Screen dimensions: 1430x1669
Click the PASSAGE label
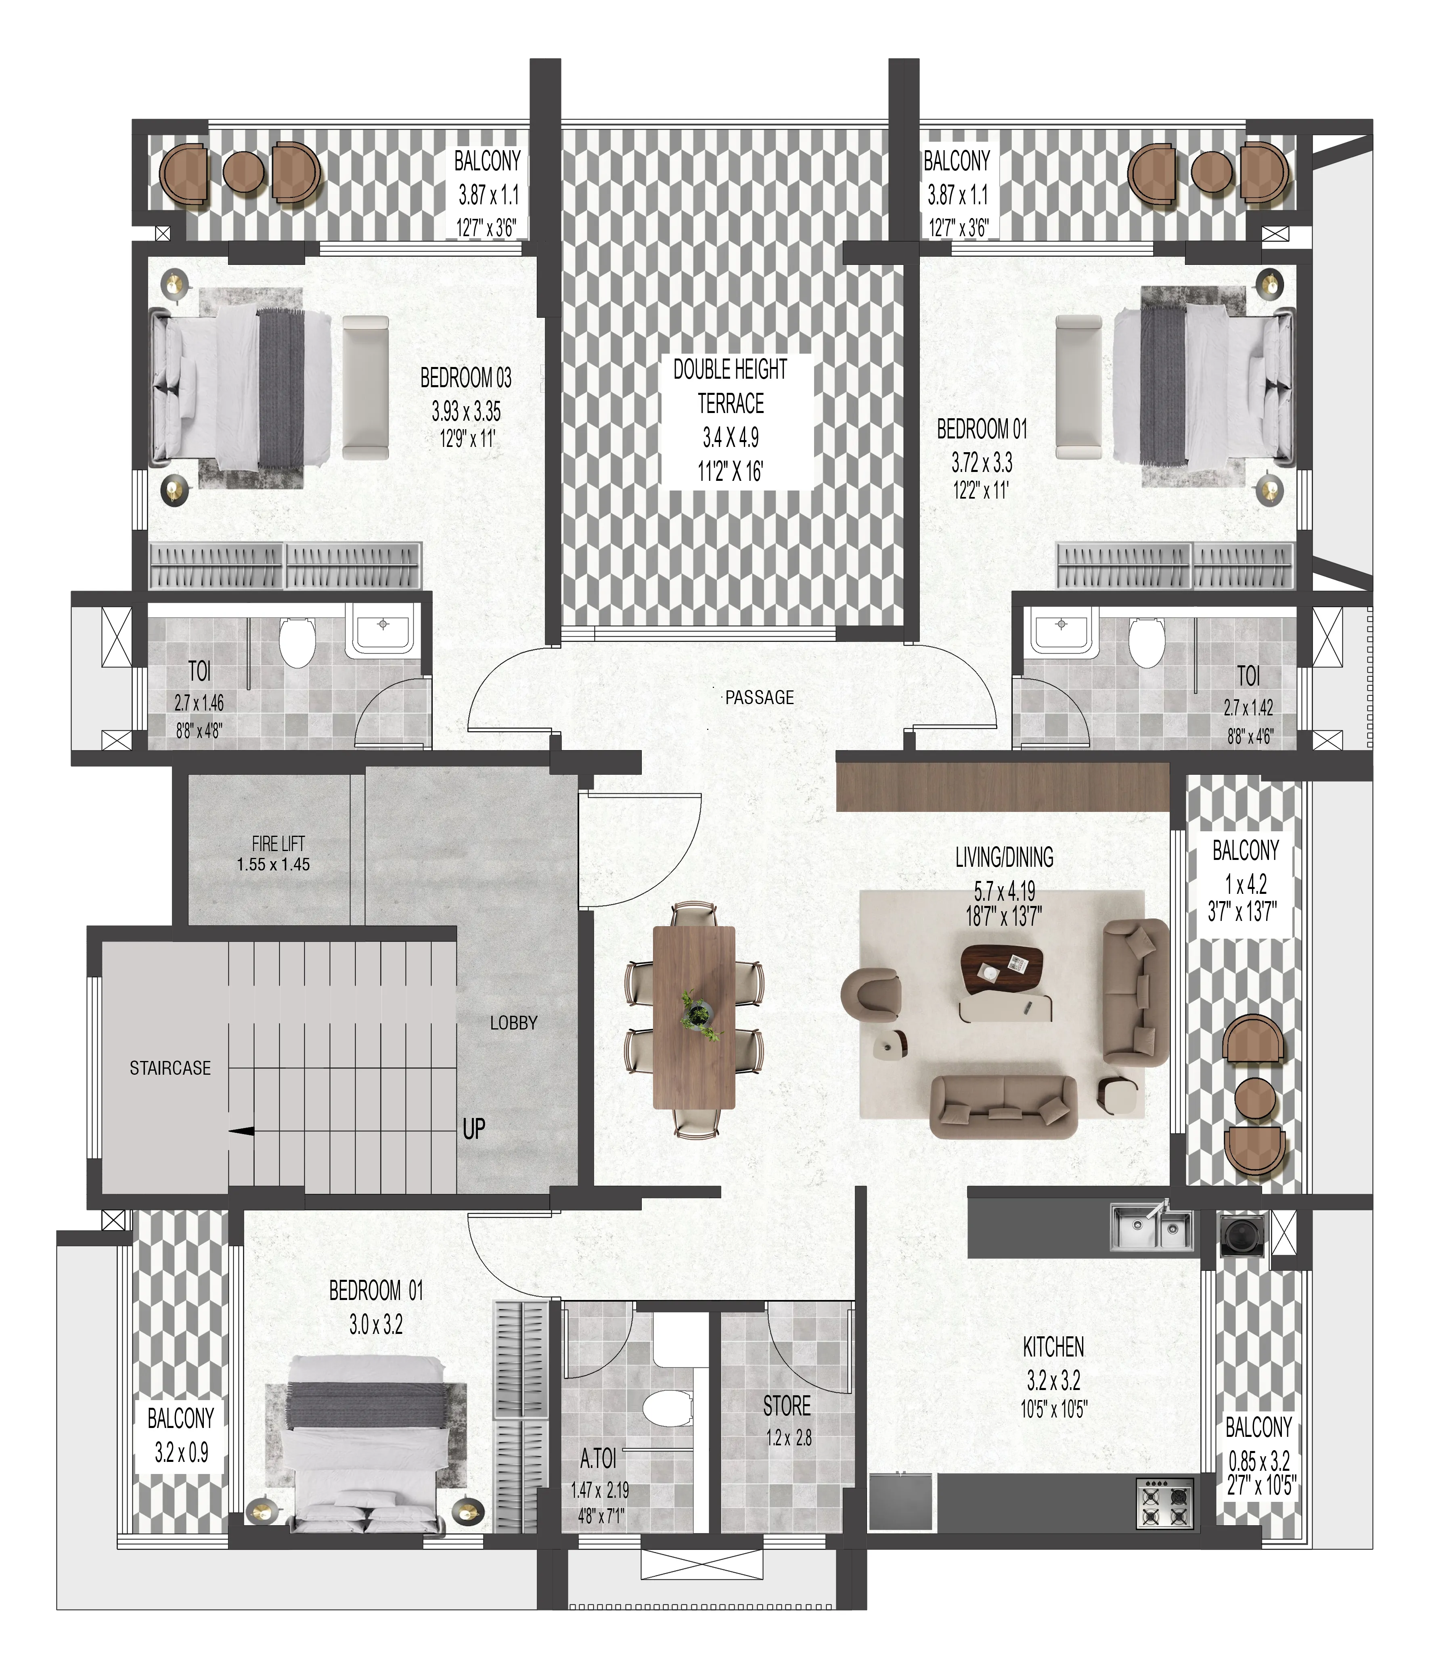[x=759, y=698]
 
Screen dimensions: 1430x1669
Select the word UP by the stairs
[x=473, y=1129]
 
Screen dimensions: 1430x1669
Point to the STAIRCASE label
[x=170, y=1068]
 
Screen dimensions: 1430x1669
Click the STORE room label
[x=787, y=1406]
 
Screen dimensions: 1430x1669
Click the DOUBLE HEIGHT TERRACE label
[x=730, y=387]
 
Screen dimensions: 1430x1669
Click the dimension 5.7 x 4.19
[x=1004, y=892]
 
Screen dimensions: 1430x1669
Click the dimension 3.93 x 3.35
[x=466, y=412]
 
